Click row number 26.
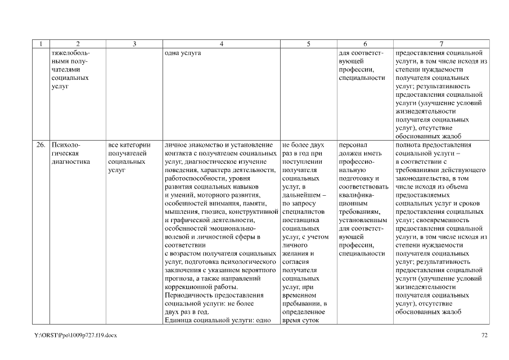41,145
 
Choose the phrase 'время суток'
301,321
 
